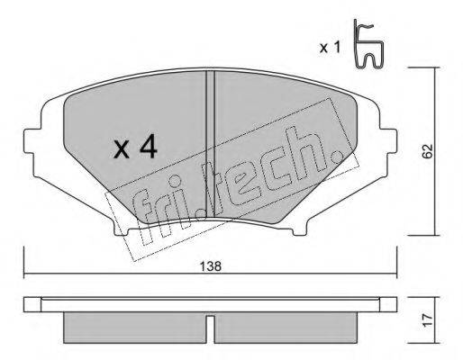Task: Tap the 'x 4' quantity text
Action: click(x=136, y=148)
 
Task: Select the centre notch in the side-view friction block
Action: click(x=210, y=322)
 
